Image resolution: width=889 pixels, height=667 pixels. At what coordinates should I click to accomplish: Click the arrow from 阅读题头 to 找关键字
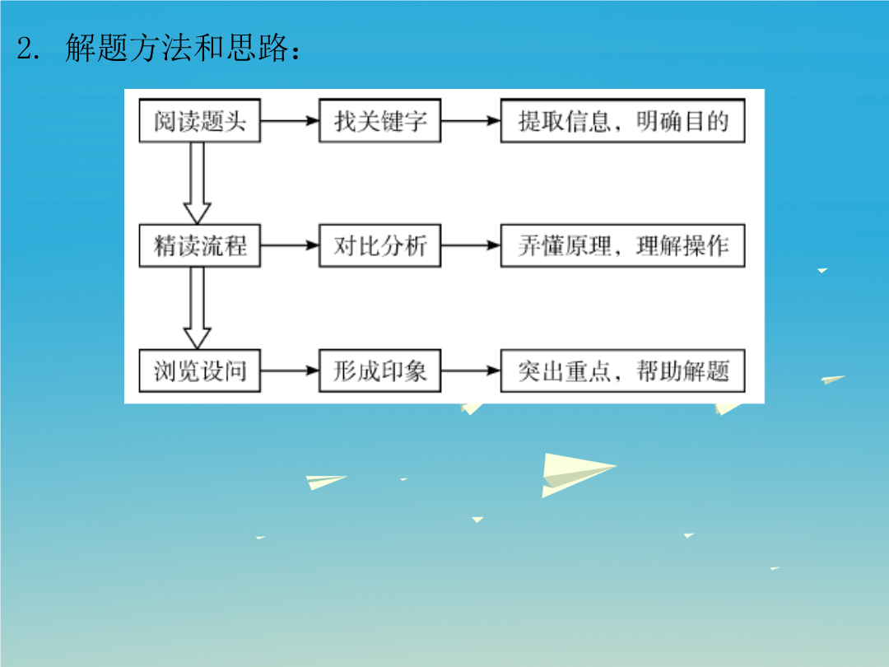[290, 121]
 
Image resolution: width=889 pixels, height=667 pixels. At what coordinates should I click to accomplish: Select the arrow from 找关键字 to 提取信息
[471, 121]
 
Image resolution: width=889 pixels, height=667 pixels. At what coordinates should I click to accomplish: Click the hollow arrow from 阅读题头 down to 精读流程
[198, 183]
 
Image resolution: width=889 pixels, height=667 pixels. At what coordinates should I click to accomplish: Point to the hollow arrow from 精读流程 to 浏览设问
[198, 308]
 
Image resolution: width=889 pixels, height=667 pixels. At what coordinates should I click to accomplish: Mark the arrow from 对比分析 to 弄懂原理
[471, 245]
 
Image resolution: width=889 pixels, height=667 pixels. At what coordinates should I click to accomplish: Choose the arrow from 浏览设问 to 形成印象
[290, 371]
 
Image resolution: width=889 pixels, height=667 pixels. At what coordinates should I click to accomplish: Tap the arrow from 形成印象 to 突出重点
[471, 371]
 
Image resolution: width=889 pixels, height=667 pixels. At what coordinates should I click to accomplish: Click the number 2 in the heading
[26, 49]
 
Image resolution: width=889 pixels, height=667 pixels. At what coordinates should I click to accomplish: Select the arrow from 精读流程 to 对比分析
[290, 245]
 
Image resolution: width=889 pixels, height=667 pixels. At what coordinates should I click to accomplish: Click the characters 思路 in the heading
[258, 48]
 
